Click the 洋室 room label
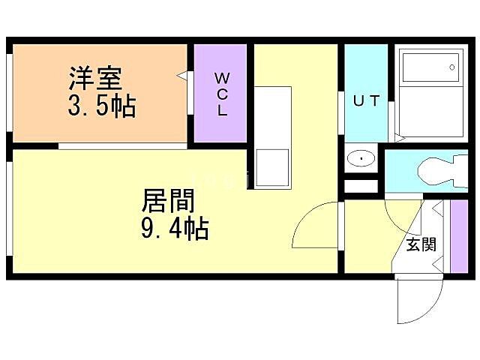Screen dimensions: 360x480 click(x=96, y=77)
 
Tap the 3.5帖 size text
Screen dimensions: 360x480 click(x=101, y=106)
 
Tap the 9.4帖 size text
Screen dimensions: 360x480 click(x=175, y=227)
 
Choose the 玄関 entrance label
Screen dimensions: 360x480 click(x=421, y=244)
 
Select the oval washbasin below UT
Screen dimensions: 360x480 click(x=363, y=159)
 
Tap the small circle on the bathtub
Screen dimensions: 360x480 click(x=452, y=67)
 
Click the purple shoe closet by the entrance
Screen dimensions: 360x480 click(x=458, y=236)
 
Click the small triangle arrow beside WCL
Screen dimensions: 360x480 click(x=182, y=75)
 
